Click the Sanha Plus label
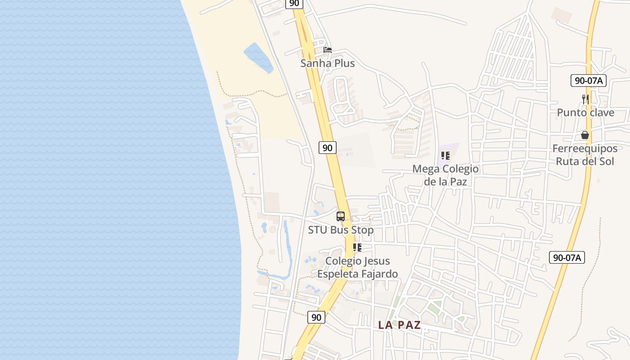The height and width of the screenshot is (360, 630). click(x=328, y=63)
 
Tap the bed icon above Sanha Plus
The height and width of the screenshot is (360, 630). click(x=328, y=49)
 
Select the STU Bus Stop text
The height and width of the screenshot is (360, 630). click(x=341, y=230)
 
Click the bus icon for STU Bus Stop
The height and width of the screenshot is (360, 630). click(x=341, y=216)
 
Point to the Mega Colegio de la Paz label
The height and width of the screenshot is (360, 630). click(x=445, y=175)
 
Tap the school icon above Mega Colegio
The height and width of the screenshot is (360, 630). click(x=445, y=156)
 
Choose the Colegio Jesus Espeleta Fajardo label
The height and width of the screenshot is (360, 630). click(x=357, y=267)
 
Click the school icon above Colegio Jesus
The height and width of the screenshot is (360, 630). click(x=357, y=247)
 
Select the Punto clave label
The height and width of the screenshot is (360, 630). click(x=585, y=112)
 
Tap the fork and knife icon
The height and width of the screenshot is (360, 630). click(x=585, y=99)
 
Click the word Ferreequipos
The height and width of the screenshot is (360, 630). click(x=585, y=148)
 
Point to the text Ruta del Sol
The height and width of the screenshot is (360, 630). click(x=585, y=161)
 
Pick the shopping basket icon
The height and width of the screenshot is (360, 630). click(x=585, y=135)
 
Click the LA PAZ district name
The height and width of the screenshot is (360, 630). click(x=400, y=325)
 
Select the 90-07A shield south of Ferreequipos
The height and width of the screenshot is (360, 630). click(x=567, y=257)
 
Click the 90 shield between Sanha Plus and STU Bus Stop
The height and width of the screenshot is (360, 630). click(x=328, y=147)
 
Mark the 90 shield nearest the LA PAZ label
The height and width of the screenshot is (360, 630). click(x=316, y=317)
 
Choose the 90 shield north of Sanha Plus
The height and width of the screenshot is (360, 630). click(x=294, y=4)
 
